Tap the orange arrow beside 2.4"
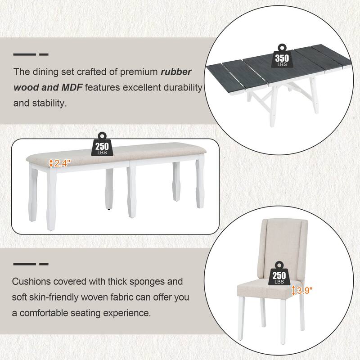[51, 163]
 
